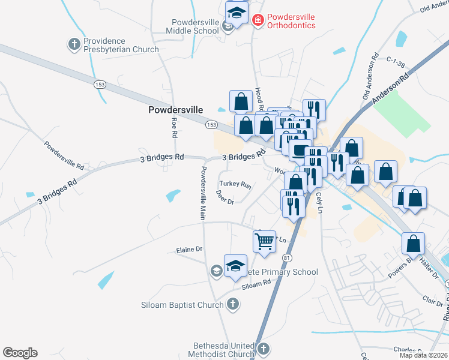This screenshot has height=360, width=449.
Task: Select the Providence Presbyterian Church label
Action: point(121,46)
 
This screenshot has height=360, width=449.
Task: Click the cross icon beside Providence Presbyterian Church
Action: point(74,44)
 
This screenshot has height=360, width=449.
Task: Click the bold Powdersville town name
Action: point(175,110)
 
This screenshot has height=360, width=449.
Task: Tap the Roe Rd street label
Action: point(174,127)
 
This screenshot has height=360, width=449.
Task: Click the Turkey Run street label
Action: point(235,184)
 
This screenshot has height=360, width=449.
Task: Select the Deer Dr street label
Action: point(224,197)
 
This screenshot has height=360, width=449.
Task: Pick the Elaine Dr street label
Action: point(190,250)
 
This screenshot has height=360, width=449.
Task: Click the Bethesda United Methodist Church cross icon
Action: point(263,349)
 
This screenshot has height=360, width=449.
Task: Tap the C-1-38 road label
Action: point(397,61)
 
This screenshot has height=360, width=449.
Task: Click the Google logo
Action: point(20,353)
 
